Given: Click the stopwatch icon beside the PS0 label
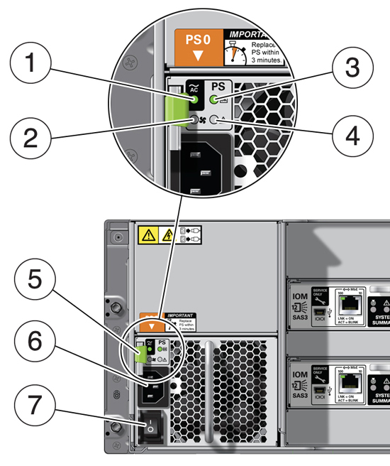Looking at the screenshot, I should click(x=235, y=53).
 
